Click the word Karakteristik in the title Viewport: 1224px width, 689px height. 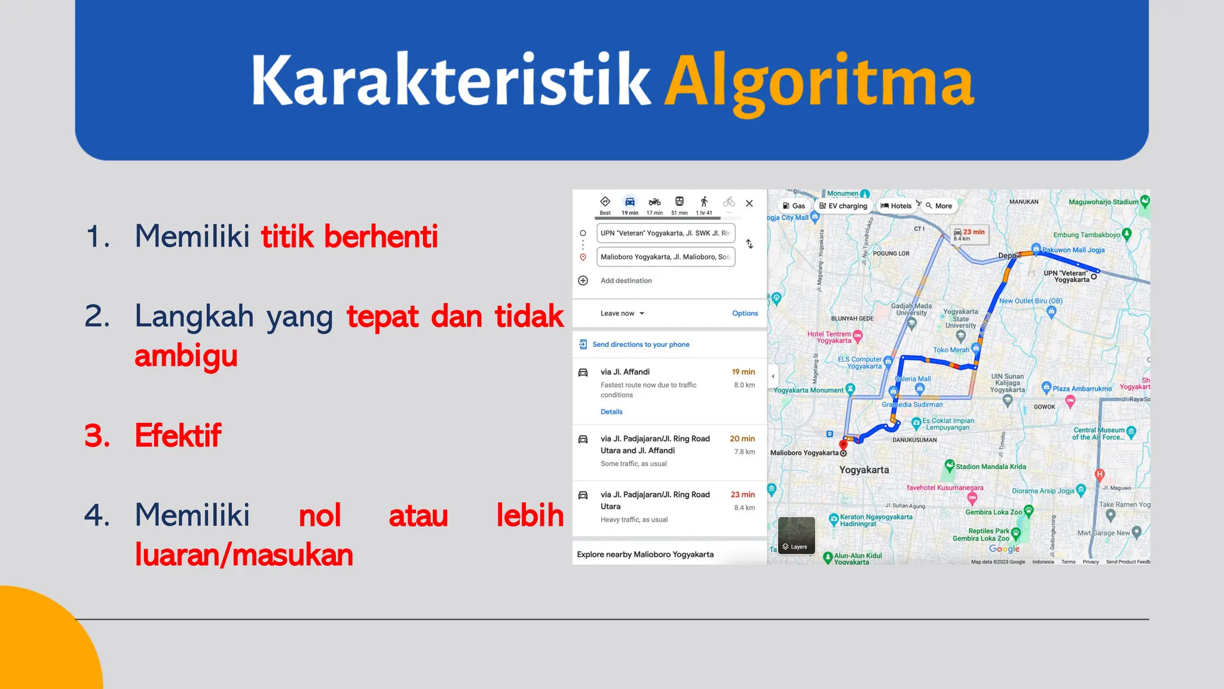(x=451, y=81)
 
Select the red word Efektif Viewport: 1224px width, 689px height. (x=178, y=435)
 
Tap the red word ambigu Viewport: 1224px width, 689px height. (x=186, y=356)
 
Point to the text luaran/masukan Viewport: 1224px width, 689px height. (x=244, y=555)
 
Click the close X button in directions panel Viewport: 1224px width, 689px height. (x=749, y=203)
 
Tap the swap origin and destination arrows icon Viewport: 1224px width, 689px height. (x=749, y=244)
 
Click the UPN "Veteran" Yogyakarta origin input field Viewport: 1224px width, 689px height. (x=665, y=233)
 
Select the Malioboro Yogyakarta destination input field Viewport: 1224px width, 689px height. (x=665, y=257)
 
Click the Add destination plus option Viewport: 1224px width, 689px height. (x=625, y=281)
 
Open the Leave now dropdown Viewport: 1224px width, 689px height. (x=622, y=313)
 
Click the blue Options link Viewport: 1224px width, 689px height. (x=745, y=313)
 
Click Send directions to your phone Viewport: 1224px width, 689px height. (x=640, y=344)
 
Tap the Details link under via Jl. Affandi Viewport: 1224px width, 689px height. (x=611, y=411)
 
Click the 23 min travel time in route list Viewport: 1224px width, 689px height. (x=742, y=495)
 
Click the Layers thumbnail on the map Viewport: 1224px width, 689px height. (x=796, y=535)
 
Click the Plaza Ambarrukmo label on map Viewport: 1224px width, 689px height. (x=1082, y=389)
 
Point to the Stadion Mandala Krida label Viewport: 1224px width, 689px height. (x=990, y=467)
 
